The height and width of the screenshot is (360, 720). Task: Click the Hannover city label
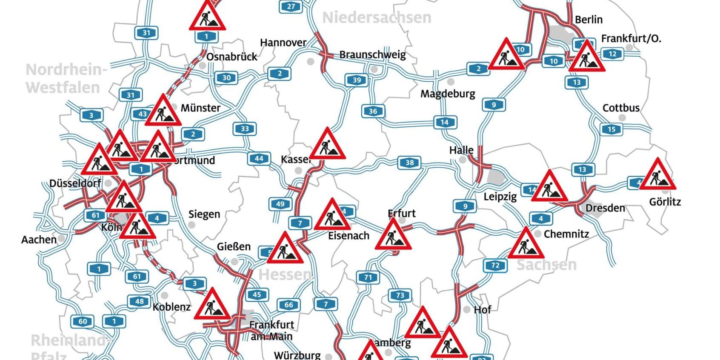pos(283,43)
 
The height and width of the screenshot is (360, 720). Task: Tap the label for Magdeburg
pos(448,94)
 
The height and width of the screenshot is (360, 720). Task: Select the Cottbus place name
pos(621,108)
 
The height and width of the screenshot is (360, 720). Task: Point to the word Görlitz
pos(665,202)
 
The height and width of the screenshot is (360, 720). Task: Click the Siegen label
pos(204,214)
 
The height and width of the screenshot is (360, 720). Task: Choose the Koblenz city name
pos(171,307)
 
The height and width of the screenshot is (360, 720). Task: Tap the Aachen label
pos(39,240)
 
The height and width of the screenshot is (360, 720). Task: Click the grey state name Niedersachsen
pos(377,18)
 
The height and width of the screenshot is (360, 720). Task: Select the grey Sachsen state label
pos(546,265)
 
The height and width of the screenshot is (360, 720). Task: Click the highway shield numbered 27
pos(291,6)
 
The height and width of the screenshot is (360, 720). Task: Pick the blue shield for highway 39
pos(357,80)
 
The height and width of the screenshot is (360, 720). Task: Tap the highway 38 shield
pos(409,163)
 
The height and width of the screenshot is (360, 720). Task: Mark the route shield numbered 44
pos(259,159)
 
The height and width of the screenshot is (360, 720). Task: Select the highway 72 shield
pos(495,266)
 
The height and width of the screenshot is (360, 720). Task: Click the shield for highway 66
pos(289,305)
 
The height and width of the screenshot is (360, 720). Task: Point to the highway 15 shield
pos(611,129)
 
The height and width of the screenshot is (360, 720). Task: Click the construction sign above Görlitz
pos(657,175)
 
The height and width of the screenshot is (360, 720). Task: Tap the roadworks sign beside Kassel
pos(327,145)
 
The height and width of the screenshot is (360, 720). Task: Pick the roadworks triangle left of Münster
pos(163,111)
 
